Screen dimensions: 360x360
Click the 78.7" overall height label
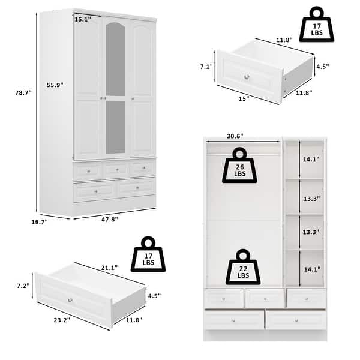point(23,92)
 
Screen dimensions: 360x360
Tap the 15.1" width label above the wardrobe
point(82,19)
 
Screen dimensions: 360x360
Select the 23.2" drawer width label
point(62,320)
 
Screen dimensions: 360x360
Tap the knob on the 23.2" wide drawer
point(70,300)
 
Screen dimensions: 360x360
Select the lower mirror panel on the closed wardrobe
point(115,126)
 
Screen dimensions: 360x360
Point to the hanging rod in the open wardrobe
point(243,154)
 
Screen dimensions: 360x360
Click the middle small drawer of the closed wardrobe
point(115,170)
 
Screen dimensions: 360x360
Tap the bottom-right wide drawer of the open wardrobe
point(295,319)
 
